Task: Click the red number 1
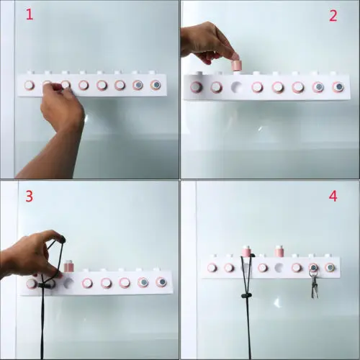[x=30, y=14]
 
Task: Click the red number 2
[x=333, y=17]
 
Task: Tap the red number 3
[x=30, y=197]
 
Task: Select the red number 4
[x=333, y=197]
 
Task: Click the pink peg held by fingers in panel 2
[x=236, y=65]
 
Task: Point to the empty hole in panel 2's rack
[x=237, y=86]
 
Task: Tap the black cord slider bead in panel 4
[x=247, y=295]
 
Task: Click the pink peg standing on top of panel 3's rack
[x=69, y=266]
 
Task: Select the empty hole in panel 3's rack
[x=69, y=284]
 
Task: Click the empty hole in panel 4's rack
[x=279, y=267]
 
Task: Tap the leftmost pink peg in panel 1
[x=30, y=85]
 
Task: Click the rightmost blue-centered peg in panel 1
[x=156, y=85]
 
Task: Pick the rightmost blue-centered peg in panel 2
[x=338, y=86]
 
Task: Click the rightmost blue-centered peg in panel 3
[x=161, y=282]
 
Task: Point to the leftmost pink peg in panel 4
[x=212, y=267]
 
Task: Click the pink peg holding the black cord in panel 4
[x=246, y=251]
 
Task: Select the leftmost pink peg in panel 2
[x=196, y=87]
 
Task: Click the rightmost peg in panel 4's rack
[x=330, y=267]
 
